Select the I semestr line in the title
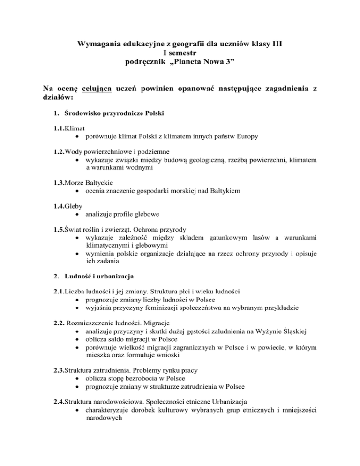click(180, 54)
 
